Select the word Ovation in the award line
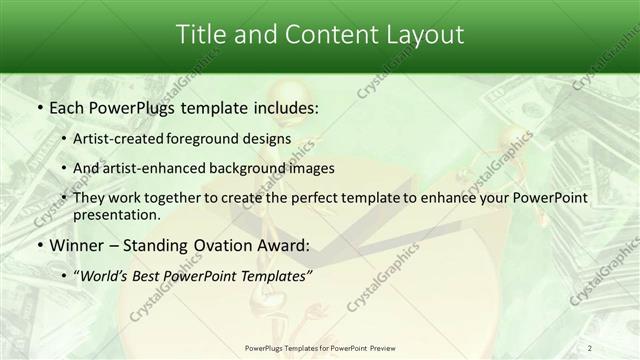coord(216,245)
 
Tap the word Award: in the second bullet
coord(282,245)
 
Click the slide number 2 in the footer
coord(591,349)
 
